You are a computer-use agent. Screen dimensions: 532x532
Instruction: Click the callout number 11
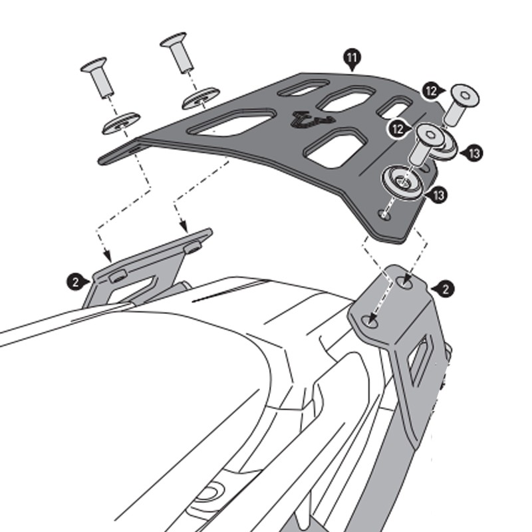pyautogui.click(x=351, y=59)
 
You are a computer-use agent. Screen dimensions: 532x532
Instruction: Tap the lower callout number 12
pyautogui.click(x=399, y=128)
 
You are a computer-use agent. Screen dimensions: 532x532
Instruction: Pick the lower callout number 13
pyautogui.click(x=438, y=194)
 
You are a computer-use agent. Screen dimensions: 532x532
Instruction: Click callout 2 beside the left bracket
pyautogui.click(x=76, y=281)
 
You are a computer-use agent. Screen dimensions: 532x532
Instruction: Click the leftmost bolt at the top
pyautogui.click(x=97, y=77)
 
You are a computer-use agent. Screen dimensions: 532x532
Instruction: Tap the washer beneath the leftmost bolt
pyautogui.click(x=120, y=124)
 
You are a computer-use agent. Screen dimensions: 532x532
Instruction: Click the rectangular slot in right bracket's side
pyautogui.click(x=418, y=360)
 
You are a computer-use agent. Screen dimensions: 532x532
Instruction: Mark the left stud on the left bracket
pyautogui.click(x=117, y=276)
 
